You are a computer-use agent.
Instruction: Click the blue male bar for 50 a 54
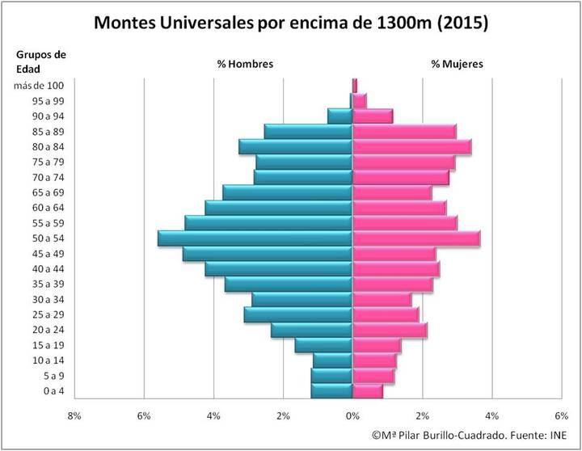(x=255, y=238)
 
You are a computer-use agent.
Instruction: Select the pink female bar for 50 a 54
(x=415, y=238)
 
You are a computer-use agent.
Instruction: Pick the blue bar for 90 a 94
(x=339, y=116)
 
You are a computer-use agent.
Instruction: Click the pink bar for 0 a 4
(x=367, y=392)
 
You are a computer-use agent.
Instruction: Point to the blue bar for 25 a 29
(x=298, y=315)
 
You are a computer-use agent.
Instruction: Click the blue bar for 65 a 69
(x=288, y=193)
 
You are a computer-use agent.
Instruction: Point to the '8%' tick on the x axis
(x=74, y=416)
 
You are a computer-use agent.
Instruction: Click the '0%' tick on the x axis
(x=352, y=416)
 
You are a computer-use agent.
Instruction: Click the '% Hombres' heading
(x=245, y=64)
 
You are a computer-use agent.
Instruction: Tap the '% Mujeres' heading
(x=458, y=64)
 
